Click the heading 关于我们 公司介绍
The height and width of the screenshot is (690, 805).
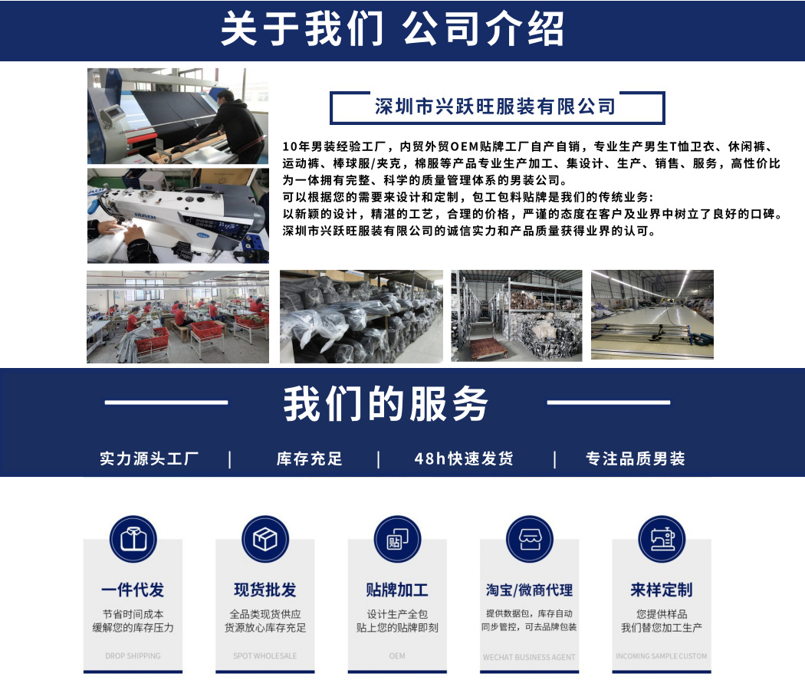pyautogui.click(x=392, y=29)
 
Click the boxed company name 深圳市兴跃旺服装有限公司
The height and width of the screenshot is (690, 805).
pyautogui.click(x=495, y=107)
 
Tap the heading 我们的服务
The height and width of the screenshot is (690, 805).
pyautogui.click(x=386, y=403)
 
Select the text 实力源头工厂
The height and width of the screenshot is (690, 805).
pyautogui.click(x=149, y=458)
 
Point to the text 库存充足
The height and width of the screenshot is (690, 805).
pyautogui.click(x=310, y=458)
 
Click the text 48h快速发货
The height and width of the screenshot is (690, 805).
pyautogui.click(x=464, y=458)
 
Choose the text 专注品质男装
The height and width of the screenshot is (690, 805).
pyautogui.click(x=636, y=458)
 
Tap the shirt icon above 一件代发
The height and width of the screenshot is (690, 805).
pyautogui.click(x=133, y=539)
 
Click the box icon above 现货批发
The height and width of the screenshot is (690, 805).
pyautogui.click(x=264, y=539)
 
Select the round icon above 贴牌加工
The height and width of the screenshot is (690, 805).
pyautogui.click(x=397, y=539)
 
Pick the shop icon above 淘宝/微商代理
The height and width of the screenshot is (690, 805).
pyautogui.click(x=530, y=539)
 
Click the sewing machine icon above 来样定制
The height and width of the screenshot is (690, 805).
pyautogui.click(x=662, y=539)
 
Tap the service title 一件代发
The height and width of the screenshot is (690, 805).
pyautogui.click(x=133, y=590)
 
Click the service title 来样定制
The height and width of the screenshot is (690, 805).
pyautogui.click(x=662, y=590)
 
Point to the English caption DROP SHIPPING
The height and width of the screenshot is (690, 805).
pyautogui.click(x=133, y=656)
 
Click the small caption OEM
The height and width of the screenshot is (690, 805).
pyautogui.click(x=397, y=656)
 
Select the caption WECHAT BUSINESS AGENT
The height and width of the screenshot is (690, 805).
pyautogui.click(x=529, y=657)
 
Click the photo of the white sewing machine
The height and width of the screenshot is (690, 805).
pyautogui.click(x=178, y=216)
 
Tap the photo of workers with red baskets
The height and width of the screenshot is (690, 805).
pyautogui.click(x=178, y=317)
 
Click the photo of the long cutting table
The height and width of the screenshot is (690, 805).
pyautogui.click(x=652, y=315)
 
